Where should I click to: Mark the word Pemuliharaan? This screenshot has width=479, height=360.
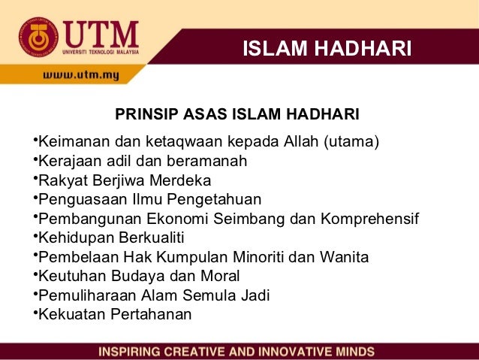(83, 295)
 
